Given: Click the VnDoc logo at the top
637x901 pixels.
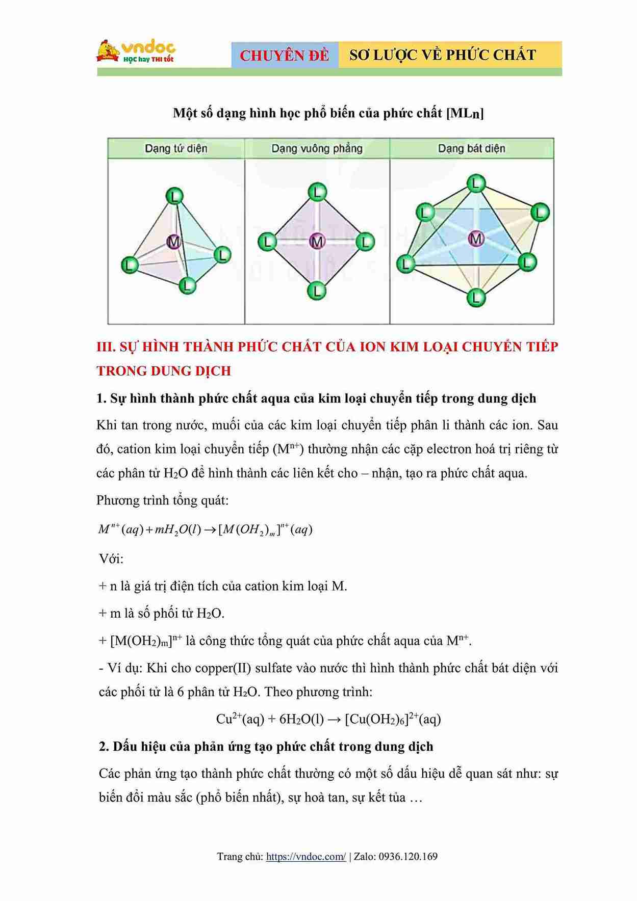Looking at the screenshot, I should point(136,51).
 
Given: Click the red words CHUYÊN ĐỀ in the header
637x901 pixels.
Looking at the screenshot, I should point(285,56).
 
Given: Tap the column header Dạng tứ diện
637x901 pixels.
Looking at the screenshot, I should point(176,149).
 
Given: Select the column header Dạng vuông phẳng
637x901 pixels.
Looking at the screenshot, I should point(317,149).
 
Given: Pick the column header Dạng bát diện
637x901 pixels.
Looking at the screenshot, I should point(471,149).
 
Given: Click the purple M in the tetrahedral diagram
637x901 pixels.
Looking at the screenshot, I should point(174,242).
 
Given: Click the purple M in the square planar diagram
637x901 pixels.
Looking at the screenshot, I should point(317,242).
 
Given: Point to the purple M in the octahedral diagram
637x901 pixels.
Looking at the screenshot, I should point(476,238).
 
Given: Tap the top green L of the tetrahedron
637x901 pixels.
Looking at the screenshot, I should point(175,197).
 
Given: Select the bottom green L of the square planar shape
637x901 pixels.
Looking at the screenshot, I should point(317,291).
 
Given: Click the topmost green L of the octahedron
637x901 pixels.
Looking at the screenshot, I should point(476,183).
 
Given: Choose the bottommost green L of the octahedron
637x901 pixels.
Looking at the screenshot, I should point(476,297).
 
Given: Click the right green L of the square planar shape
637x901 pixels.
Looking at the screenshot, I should point(365,242).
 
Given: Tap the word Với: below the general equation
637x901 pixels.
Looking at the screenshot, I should point(111,559).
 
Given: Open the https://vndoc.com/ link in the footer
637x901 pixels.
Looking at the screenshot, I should point(306,857).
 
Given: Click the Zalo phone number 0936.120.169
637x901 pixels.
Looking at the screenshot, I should point(408,857).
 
